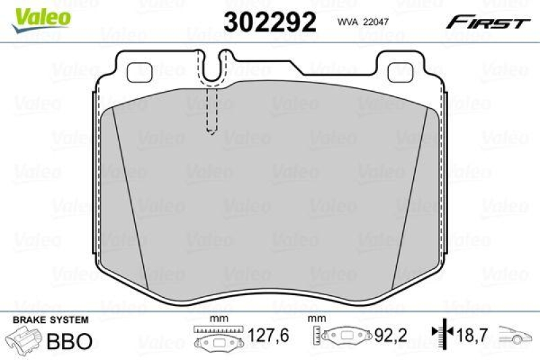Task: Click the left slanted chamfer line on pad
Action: pos(130,196)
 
